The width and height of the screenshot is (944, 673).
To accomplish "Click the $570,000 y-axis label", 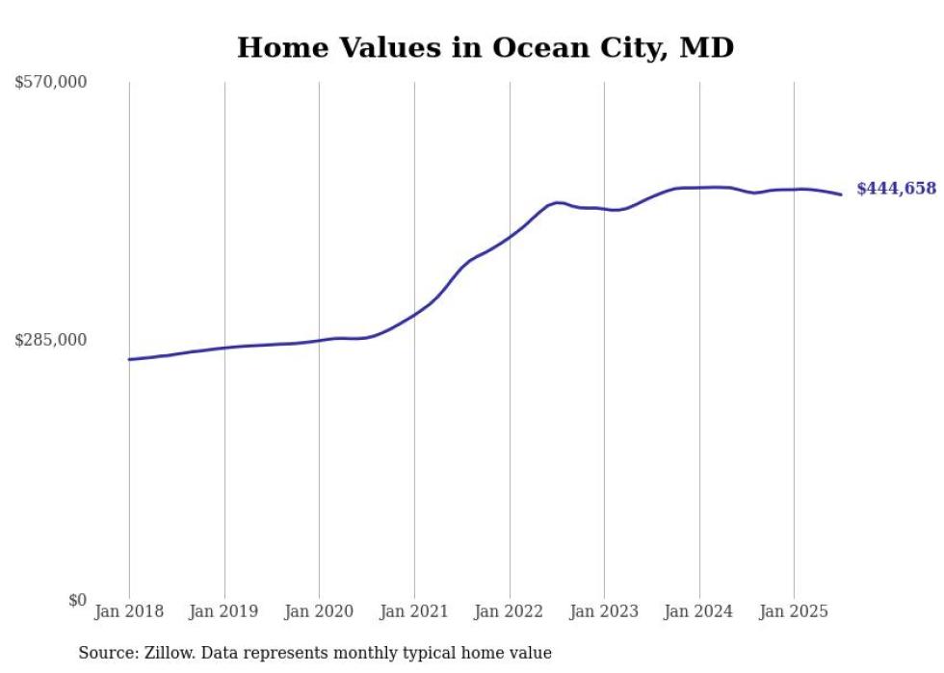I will pos(50,83).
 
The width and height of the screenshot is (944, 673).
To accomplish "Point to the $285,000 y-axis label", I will pos(50,340).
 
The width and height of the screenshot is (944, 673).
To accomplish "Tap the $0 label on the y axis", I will pos(77,600).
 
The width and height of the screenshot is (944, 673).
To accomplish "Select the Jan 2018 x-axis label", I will pos(129,611).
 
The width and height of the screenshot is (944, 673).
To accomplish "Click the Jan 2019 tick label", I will pos(224,611).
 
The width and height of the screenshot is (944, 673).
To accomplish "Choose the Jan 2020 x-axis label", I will pos(319,611).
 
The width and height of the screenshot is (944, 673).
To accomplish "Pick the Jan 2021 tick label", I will pos(414,611).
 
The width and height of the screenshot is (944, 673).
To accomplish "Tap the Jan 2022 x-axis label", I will pos(510,611).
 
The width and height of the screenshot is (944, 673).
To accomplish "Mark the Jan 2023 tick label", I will pos(604,611).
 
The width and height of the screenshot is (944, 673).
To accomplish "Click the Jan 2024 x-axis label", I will pos(699,611).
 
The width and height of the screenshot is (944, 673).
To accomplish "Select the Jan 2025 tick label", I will pos(794,611).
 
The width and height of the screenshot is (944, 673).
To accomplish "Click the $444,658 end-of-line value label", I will pos(896,189).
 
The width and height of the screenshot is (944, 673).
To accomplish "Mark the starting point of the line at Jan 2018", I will pos(129,359).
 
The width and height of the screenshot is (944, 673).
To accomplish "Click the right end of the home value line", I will pos(842,194).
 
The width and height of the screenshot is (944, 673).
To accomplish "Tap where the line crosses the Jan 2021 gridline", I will pos(414,314).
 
